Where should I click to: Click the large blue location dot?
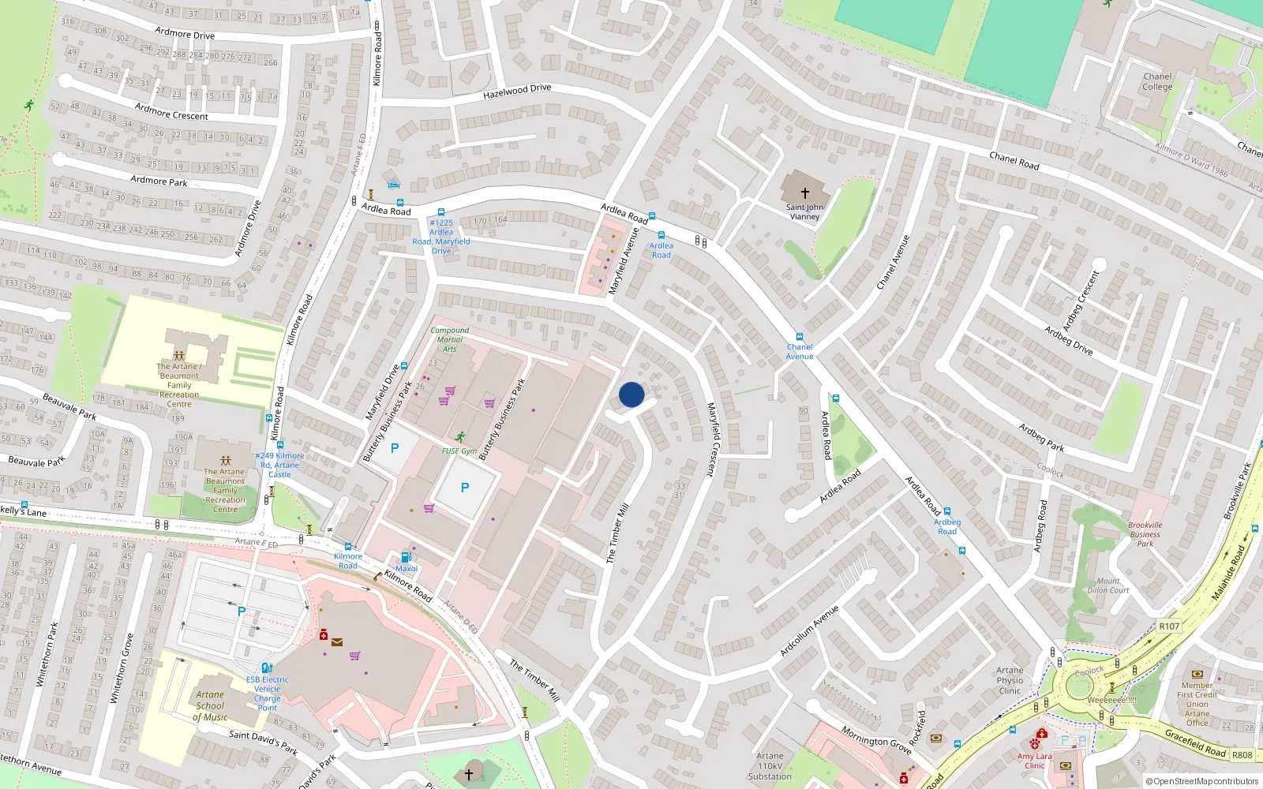[x=631, y=394]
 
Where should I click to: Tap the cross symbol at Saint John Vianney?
[x=805, y=193]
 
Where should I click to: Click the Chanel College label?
[x=1157, y=82]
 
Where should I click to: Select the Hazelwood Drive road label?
[x=517, y=92]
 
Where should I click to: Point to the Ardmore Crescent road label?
[x=171, y=111]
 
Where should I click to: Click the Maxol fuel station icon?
[x=407, y=557]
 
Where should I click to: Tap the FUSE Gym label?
[x=459, y=451]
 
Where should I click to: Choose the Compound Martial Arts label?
[x=449, y=339]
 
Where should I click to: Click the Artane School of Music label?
[x=210, y=706]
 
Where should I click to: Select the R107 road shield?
[x=1169, y=626]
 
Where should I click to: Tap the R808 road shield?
[x=1242, y=754]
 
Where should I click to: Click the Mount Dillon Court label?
[x=1108, y=585]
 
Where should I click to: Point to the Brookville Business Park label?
[x=1145, y=534]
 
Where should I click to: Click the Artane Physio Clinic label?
[x=1010, y=680]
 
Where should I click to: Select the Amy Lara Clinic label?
[x=1034, y=761]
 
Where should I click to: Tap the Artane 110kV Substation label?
[x=770, y=765]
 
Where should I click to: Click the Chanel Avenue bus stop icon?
[x=800, y=337]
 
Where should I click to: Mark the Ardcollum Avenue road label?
[x=809, y=631]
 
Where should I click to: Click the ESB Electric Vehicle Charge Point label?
[x=268, y=694]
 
